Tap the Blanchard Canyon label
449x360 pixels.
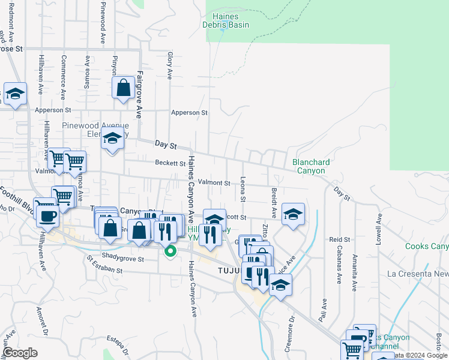pyautogui.click(x=310, y=166)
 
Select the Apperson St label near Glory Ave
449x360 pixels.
pyautogui.click(x=189, y=112)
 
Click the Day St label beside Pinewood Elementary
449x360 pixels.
pyautogui.click(x=164, y=145)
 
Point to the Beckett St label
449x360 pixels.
pyautogui.click(x=170, y=163)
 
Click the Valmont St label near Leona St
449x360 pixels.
pyautogui.click(x=214, y=182)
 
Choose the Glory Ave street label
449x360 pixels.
pyautogui.click(x=170, y=65)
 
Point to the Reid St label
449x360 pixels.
pyautogui.click(x=335, y=239)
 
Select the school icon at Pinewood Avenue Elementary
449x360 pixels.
pyautogui.click(x=112, y=139)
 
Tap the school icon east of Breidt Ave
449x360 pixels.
pyautogui.click(x=292, y=214)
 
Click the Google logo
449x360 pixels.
pyautogui.click(x=20, y=353)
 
